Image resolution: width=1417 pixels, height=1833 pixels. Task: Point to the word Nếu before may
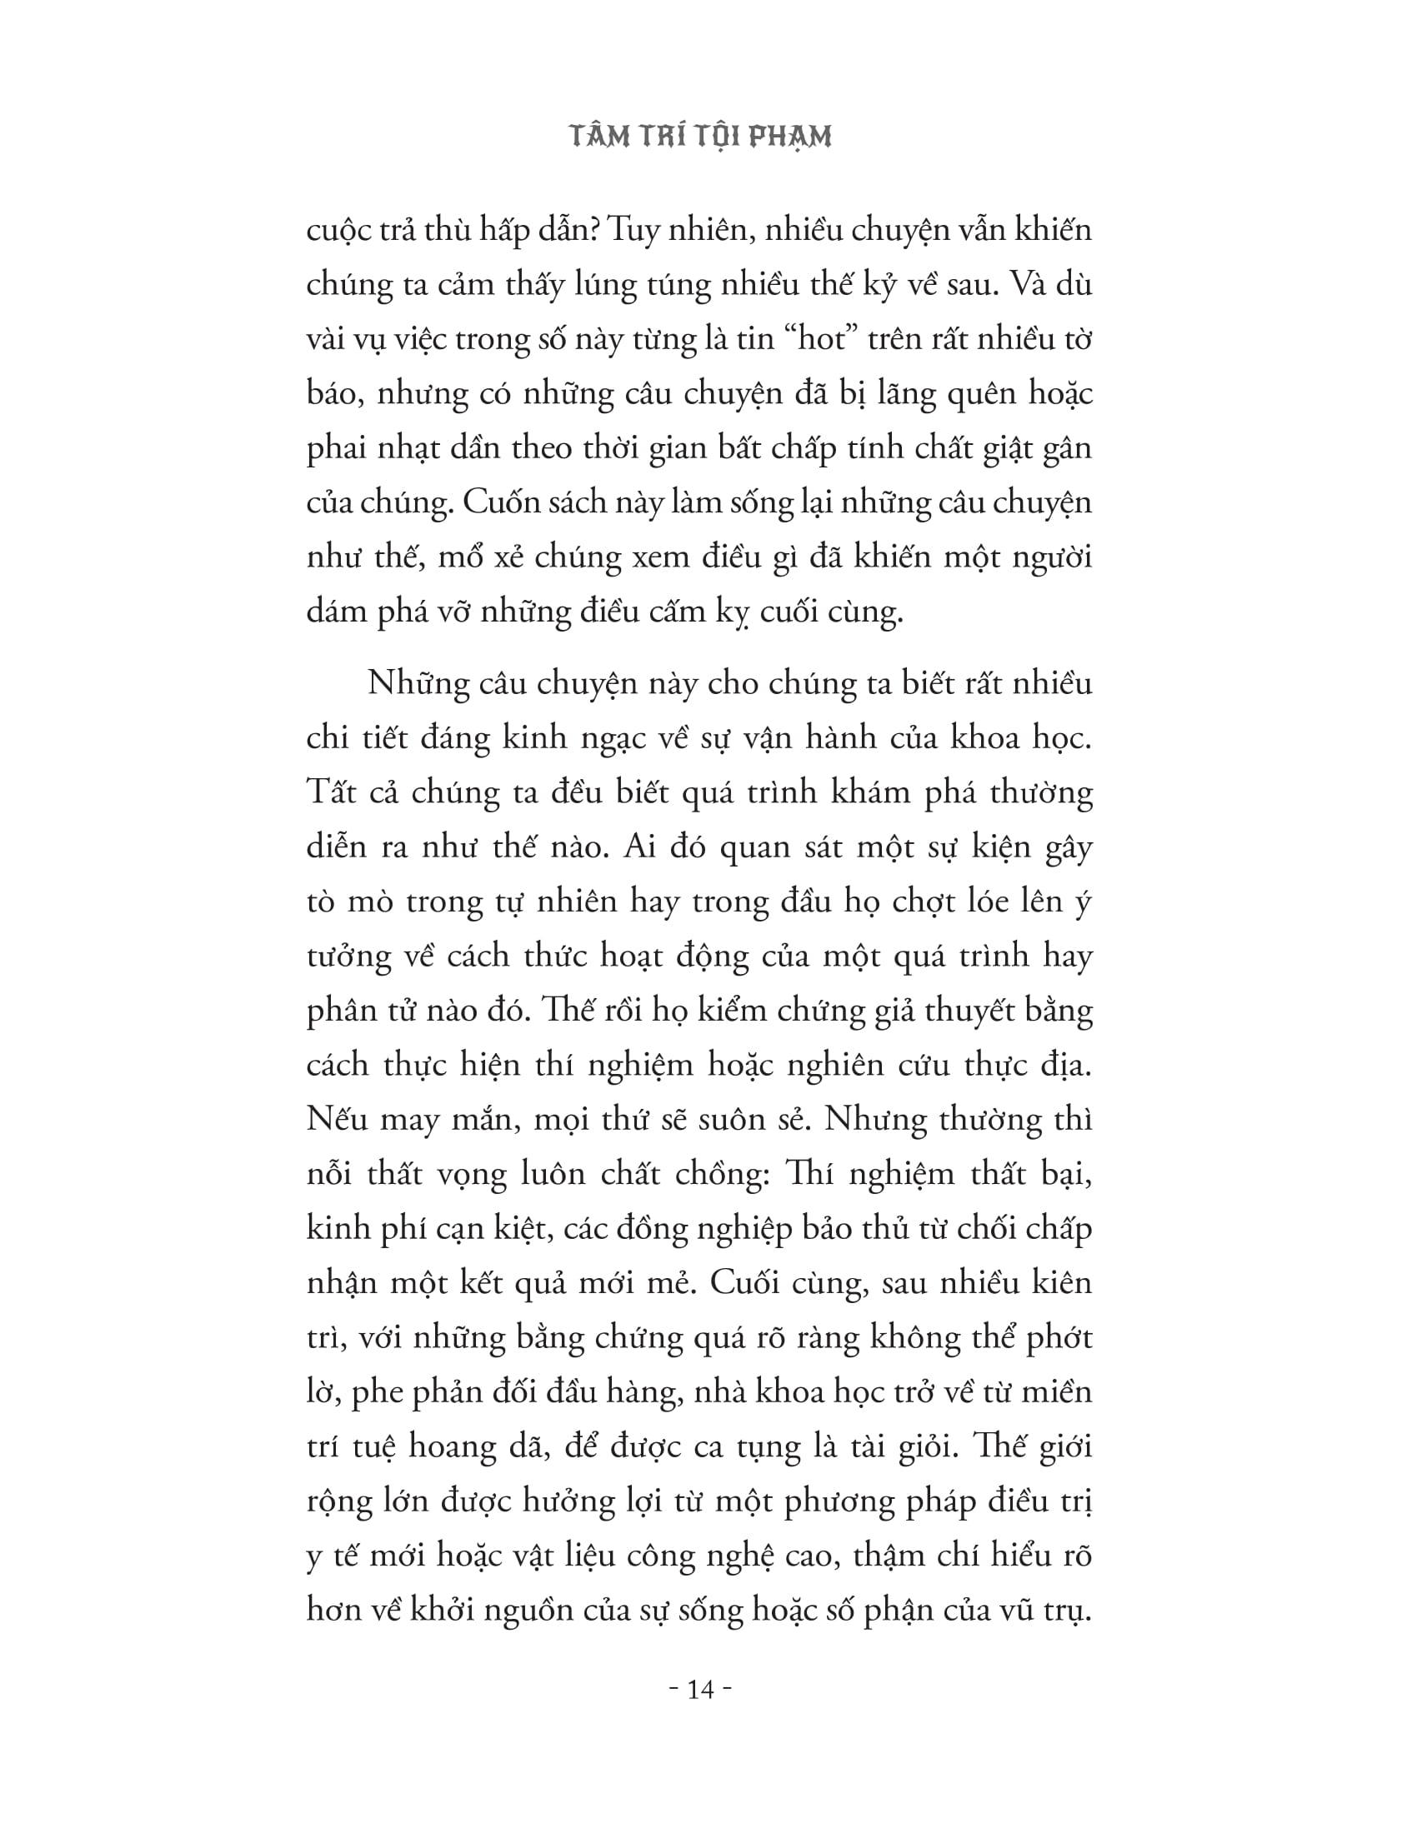(338, 1119)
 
